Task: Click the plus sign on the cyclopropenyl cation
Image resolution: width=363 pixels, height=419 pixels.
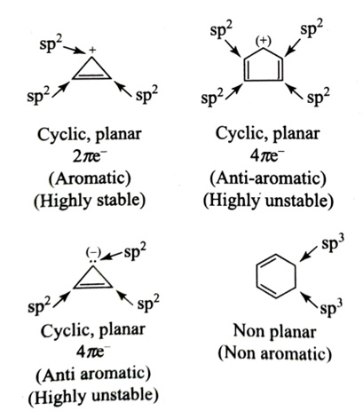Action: [x=92, y=51]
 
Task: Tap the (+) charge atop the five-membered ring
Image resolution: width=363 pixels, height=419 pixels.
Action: [x=264, y=42]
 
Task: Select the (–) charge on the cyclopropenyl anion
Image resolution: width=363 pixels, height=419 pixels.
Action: [x=93, y=253]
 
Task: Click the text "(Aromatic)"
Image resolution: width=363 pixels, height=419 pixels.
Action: [x=90, y=178]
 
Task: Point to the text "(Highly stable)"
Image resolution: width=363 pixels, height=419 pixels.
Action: [x=90, y=201]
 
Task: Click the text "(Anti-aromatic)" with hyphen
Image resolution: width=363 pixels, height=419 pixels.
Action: [x=268, y=178]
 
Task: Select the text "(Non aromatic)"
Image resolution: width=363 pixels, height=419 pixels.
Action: [x=274, y=352]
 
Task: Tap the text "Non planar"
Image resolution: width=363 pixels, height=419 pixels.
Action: [x=274, y=331]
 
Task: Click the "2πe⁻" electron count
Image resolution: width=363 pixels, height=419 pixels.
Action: [x=90, y=156]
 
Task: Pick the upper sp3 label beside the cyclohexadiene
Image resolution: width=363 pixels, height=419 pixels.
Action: [x=333, y=244]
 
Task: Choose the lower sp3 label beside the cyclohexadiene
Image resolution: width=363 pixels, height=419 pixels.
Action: [x=332, y=308]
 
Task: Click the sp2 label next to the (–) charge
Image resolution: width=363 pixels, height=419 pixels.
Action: [x=135, y=252]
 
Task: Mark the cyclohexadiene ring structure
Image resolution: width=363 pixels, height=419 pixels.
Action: [x=276, y=276]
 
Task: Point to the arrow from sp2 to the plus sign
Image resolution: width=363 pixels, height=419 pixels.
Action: [x=75, y=50]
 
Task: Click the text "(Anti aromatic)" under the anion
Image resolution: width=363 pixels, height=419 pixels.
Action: [x=93, y=375]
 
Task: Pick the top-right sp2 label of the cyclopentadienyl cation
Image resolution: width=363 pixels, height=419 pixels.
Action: [x=312, y=29]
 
